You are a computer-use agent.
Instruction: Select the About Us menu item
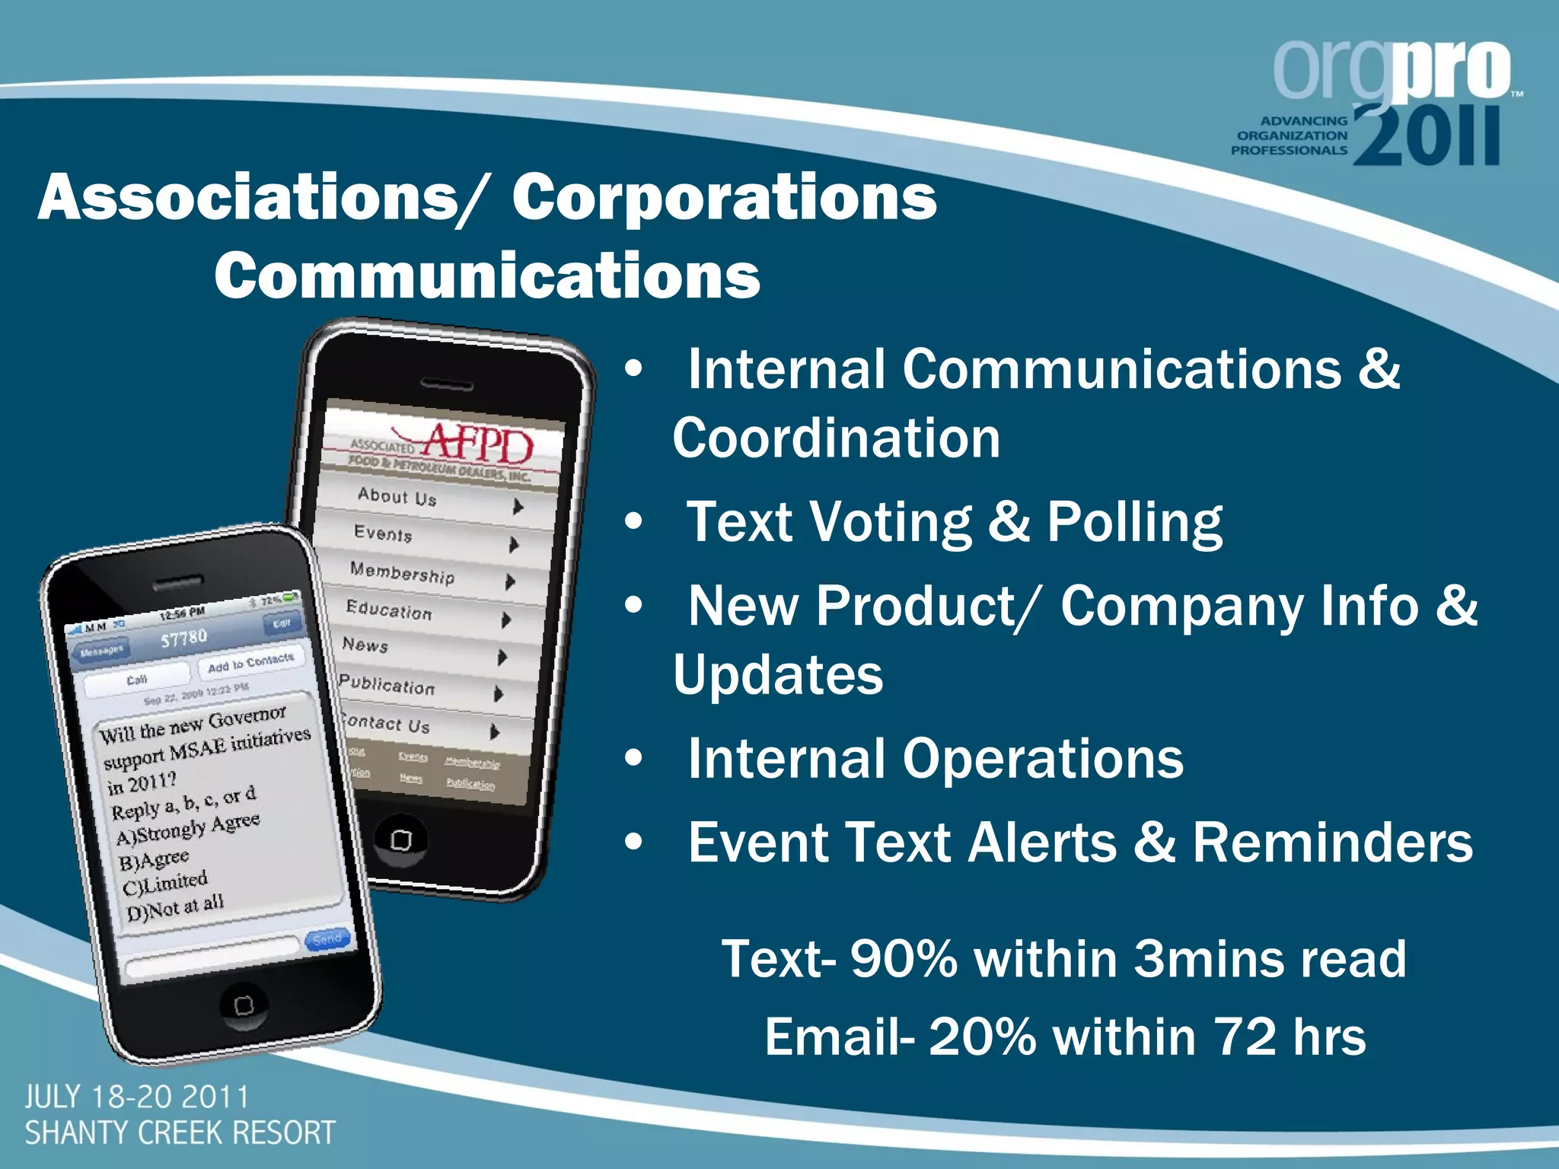pyautogui.click(x=397, y=497)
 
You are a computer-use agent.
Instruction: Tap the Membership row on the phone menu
pyautogui.click(x=402, y=573)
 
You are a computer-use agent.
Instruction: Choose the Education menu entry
pyautogui.click(x=388, y=610)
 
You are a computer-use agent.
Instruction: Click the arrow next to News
pyautogui.click(x=502, y=657)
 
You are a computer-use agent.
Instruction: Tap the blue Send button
pyautogui.click(x=327, y=940)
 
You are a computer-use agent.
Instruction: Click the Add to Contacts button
pyautogui.click(x=250, y=663)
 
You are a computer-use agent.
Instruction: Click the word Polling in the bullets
pyautogui.click(x=1134, y=524)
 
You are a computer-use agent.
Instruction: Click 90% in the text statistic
pyautogui.click(x=904, y=958)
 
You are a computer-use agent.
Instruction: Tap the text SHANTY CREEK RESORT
pyautogui.click(x=180, y=1133)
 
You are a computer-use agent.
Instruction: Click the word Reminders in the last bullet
pyautogui.click(x=1332, y=843)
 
